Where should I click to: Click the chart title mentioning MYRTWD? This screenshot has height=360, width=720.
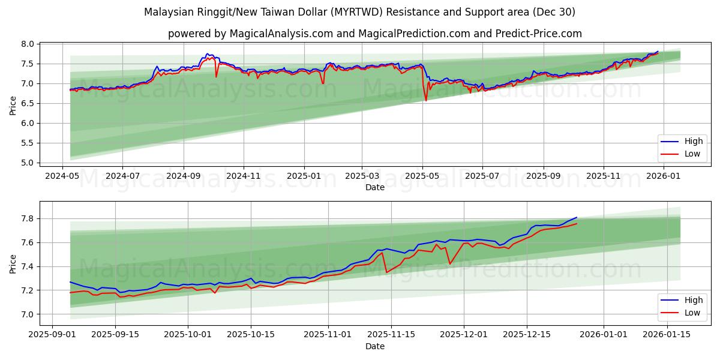tap(359, 12)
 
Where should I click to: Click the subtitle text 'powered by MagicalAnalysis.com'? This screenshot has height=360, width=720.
tap(250, 34)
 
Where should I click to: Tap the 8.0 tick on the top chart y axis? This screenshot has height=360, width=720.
tap(28, 44)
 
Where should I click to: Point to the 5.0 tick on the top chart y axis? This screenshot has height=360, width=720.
tap(28, 163)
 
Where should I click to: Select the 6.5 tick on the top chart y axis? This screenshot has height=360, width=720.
tap(28, 103)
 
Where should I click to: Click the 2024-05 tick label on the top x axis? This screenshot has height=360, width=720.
tap(62, 176)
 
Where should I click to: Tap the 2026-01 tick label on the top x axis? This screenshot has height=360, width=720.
tap(664, 176)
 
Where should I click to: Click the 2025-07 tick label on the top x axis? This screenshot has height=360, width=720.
tap(483, 176)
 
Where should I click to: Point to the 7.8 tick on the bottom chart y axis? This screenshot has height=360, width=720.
tap(28, 218)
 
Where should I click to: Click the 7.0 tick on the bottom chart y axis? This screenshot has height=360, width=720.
tap(28, 314)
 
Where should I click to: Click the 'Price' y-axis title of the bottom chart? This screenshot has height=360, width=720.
tap(13, 263)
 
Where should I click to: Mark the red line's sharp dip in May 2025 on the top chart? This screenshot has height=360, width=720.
tap(426, 100)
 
